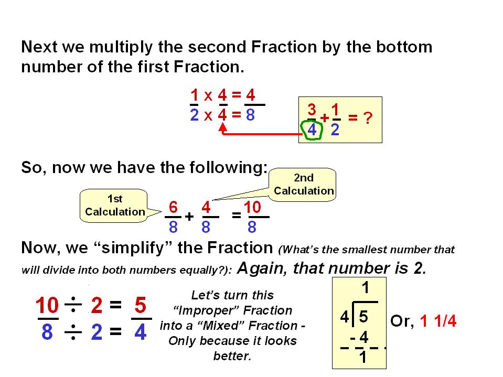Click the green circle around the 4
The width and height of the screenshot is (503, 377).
coord(302,130)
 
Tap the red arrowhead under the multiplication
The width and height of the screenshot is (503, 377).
coord(222,127)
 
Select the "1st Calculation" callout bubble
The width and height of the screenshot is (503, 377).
coord(114,206)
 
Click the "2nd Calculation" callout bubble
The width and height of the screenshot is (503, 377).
coord(303,185)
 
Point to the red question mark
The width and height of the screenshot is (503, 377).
coord(368,117)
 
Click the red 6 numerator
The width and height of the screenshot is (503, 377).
coord(173,207)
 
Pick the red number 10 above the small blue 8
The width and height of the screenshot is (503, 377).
coord(252,207)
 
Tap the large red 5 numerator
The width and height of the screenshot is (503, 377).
coord(141,305)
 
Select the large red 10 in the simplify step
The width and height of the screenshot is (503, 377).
coord(47,305)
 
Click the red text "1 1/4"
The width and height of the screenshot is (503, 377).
coord(438,320)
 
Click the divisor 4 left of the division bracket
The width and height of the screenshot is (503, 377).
coord(345,317)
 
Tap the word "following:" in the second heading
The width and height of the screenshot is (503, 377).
coord(228,168)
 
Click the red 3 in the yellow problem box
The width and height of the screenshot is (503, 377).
coord(312,110)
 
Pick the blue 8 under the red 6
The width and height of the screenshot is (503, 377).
coord(173,227)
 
